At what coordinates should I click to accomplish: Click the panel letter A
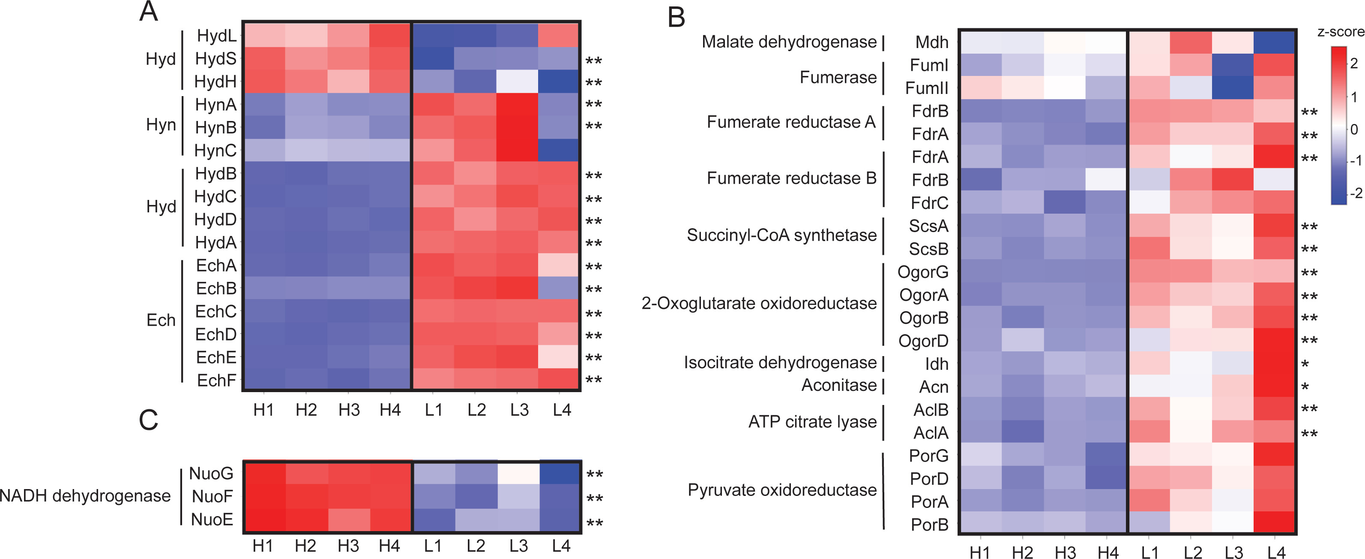(148, 12)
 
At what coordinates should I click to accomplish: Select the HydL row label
(216, 36)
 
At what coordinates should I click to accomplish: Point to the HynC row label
(215, 151)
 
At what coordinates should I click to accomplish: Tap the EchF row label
(216, 380)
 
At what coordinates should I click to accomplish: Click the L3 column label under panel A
(519, 410)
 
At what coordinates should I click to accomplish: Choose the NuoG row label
(211, 473)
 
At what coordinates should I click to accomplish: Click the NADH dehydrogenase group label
(85, 496)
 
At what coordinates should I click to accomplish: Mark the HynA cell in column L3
(517, 105)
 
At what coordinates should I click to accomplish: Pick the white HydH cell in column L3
(517, 82)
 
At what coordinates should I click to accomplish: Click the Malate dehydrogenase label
(789, 42)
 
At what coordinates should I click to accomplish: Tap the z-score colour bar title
(1341, 32)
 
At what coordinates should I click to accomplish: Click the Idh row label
(936, 364)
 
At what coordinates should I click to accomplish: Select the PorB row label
(929, 525)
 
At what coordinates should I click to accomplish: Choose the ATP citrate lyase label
(812, 422)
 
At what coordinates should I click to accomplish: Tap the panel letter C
(148, 420)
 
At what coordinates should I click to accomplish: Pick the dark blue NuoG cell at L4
(560, 473)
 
